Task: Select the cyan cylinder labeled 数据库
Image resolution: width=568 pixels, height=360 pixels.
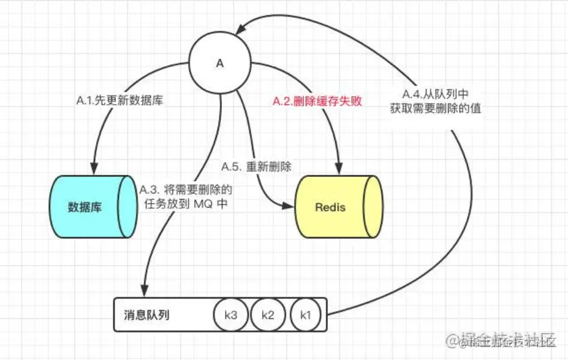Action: pos(90,207)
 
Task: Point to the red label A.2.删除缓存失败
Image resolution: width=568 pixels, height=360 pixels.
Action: pos(309,102)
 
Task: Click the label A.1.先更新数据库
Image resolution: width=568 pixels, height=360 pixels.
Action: pos(120,102)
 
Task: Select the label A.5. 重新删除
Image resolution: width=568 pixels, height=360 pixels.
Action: pos(256,166)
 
